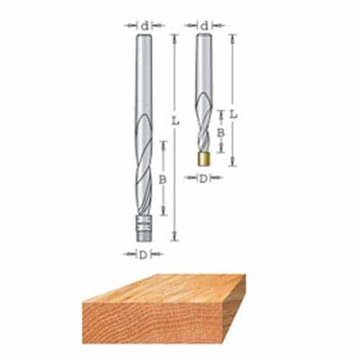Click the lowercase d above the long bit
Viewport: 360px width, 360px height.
pyautogui.click(x=144, y=25)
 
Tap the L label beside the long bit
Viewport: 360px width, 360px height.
pyautogui.click(x=174, y=122)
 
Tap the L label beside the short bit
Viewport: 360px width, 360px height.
pyautogui.click(x=233, y=113)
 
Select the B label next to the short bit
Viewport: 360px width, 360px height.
pyautogui.click(x=221, y=132)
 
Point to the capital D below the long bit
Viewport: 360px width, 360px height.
pyautogui.click(x=143, y=253)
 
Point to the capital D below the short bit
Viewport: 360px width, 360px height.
pyautogui.click(x=204, y=177)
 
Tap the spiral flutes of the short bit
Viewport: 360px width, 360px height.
pyautogui.click(x=204, y=130)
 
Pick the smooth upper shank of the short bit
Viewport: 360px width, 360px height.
pyautogui.click(x=204, y=65)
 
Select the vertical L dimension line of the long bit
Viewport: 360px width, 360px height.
pyautogui.click(x=174, y=180)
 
